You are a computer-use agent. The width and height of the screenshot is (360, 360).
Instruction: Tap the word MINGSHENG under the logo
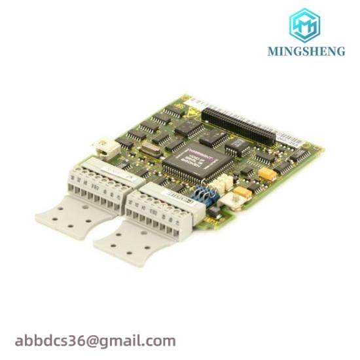click(x=306, y=52)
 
